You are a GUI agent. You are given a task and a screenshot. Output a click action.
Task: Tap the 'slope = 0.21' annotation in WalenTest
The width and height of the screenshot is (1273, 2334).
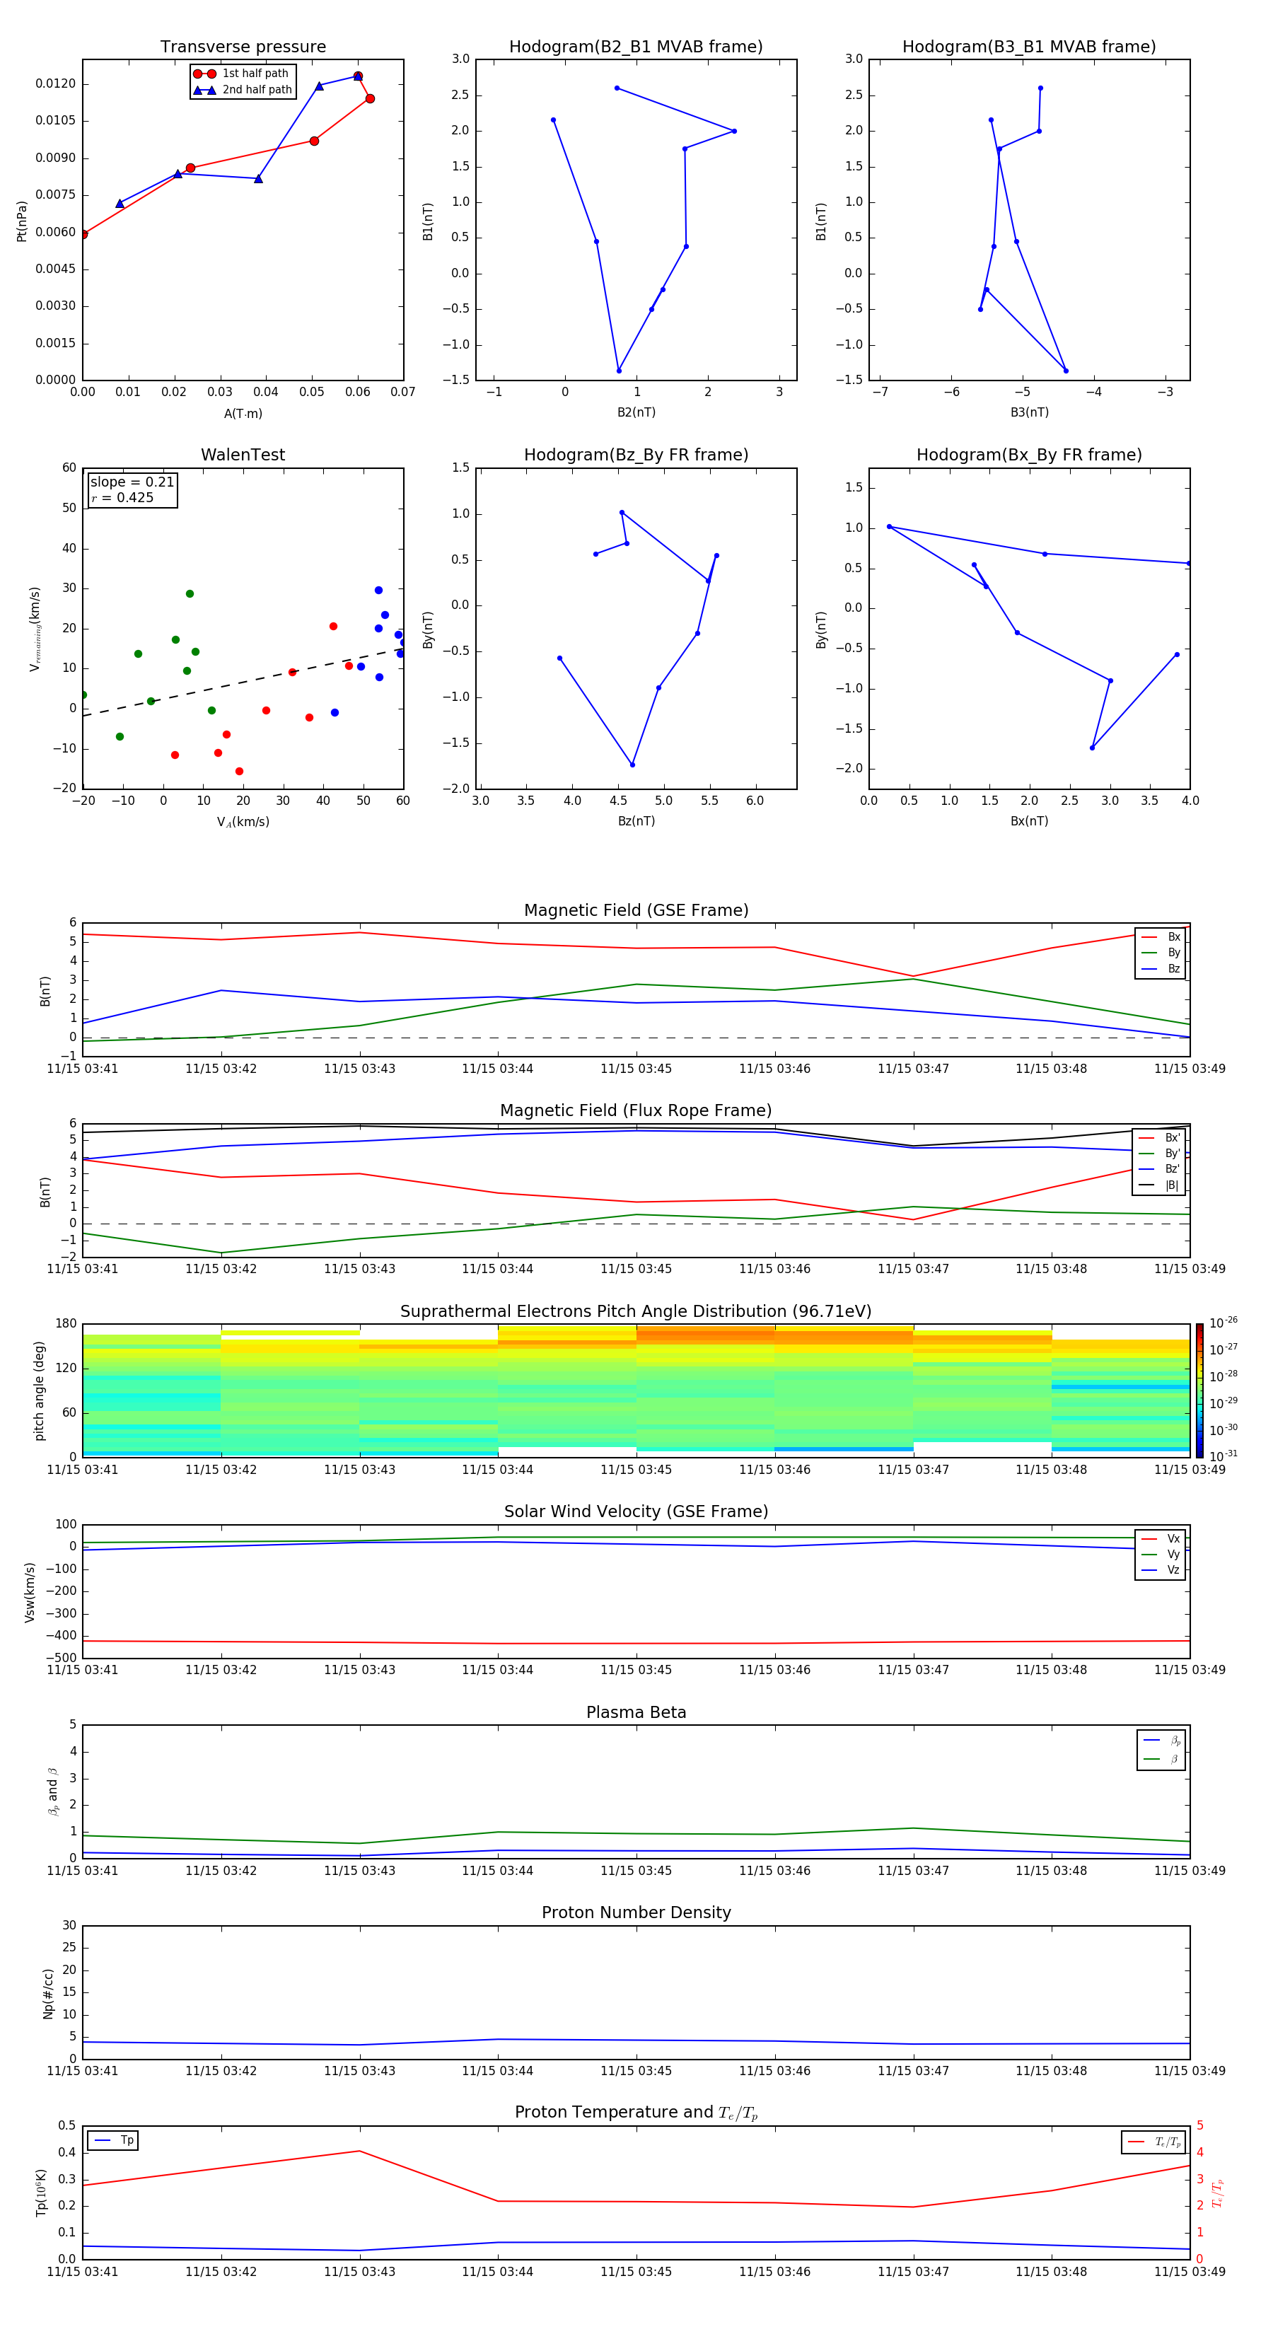[x=132, y=482]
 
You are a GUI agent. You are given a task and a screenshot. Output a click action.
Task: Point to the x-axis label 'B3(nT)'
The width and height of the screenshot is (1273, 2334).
[x=1029, y=412]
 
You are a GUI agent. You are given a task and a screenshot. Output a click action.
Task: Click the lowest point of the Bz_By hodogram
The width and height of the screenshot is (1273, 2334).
[x=632, y=765]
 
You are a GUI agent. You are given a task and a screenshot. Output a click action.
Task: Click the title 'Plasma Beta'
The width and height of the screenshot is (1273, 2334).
[x=635, y=1712]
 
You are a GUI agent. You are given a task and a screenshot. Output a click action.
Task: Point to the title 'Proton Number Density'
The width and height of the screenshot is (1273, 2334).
[x=635, y=1912]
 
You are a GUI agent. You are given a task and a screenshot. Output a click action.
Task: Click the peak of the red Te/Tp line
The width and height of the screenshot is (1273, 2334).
[x=360, y=2151]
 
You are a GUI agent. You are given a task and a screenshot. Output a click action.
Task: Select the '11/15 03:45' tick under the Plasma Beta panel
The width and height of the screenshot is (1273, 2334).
[x=635, y=1870]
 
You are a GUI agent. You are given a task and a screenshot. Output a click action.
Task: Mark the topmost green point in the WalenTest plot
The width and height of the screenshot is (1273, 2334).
[x=190, y=594]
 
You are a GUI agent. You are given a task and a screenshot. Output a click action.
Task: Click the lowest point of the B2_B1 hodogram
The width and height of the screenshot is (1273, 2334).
[x=619, y=371]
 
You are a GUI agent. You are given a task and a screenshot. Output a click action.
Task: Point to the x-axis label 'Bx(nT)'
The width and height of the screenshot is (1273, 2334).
[x=1028, y=821]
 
